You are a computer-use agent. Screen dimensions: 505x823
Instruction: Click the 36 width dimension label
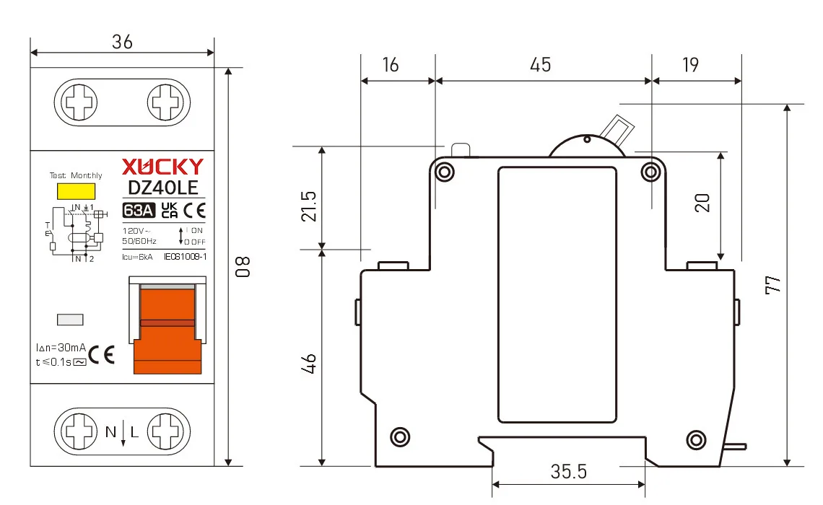122,42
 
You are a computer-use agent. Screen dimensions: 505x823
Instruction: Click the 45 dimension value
540,65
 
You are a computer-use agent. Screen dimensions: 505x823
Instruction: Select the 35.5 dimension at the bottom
568,472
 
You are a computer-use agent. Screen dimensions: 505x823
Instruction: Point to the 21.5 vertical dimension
309,206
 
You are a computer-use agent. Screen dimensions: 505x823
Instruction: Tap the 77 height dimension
773,284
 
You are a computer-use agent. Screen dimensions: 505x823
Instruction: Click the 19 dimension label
690,65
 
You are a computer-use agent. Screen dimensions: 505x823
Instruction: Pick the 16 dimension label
390,65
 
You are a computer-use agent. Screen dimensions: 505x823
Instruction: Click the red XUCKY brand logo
162,167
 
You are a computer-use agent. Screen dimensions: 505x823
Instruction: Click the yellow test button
76,191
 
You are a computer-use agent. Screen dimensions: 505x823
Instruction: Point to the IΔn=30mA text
61,347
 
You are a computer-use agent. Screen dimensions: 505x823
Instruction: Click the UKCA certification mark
169,211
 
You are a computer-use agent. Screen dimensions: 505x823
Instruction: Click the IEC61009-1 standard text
185,256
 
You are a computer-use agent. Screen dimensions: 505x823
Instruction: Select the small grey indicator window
70,320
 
